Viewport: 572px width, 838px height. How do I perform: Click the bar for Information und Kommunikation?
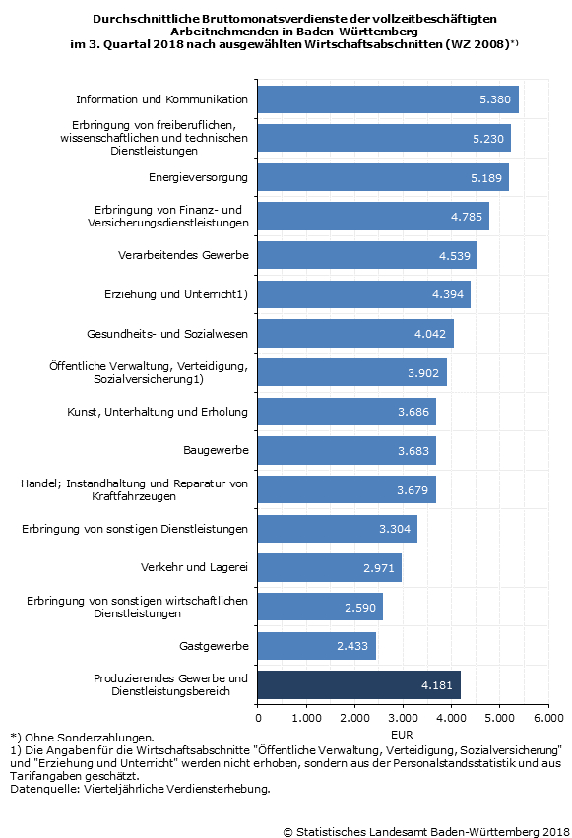[x=388, y=99]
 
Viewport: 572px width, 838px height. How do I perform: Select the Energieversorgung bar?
[x=384, y=177]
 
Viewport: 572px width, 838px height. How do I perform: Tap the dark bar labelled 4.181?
[x=359, y=684]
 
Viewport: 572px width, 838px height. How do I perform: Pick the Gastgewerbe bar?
[x=317, y=646]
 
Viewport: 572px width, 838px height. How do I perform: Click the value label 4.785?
[x=467, y=217]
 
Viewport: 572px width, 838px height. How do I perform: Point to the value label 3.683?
[x=413, y=451]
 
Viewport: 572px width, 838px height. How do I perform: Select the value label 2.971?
[x=379, y=567]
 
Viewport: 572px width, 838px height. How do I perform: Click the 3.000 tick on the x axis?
[x=404, y=717]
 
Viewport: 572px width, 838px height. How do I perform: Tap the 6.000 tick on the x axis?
[x=548, y=717]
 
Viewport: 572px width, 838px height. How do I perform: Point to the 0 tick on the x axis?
[x=259, y=717]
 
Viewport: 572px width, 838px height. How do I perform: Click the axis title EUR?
[x=402, y=735]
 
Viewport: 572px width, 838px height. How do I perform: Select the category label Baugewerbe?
[x=216, y=450]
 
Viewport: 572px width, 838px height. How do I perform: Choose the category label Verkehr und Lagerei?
[x=194, y=567]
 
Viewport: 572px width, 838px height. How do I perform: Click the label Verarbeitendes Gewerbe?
[x=183, y=255]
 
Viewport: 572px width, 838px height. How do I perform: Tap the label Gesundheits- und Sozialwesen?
[x=167, y=334]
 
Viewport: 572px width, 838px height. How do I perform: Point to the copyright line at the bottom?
[x=426, y=831]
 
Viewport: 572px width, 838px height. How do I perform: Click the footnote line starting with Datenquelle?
[x=140, y=789]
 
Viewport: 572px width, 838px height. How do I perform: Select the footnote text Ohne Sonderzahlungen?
[x=90, y=738]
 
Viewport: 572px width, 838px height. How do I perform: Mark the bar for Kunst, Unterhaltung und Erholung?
[x=347, y=412]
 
